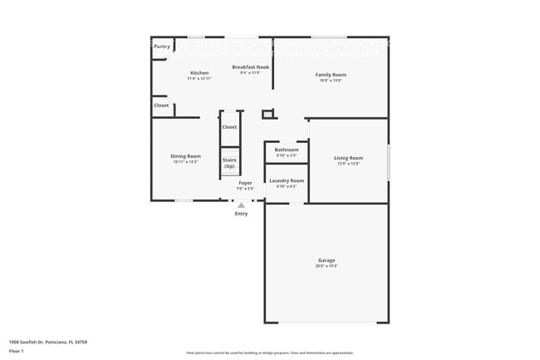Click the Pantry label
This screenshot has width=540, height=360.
tap(162, 47)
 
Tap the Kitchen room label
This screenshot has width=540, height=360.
tap(199, 73)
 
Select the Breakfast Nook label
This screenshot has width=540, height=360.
tap(250, 67)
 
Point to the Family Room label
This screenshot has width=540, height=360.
tap(330, 75)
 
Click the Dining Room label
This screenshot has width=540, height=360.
tap(186, 156)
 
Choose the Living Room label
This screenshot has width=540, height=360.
tap(349, 158)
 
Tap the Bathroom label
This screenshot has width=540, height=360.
tap(287, 150)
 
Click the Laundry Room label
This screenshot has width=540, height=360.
tap(287, 180)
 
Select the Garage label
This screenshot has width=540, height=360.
tap(326, 260)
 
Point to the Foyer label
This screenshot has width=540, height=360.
tap(245, 183)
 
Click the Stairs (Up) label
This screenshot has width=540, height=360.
tap(229, 163)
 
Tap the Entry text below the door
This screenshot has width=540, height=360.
tap(241, 214)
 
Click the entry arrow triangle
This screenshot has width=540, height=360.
tap(242, 205)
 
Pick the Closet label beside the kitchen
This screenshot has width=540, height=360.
tap(161, 106)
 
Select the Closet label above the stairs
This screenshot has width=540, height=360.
tap(229, 127)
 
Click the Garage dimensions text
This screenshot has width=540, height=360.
tap(326, 266)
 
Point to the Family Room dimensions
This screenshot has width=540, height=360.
tap(330, 81)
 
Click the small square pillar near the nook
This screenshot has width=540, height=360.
tap(268, 114)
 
